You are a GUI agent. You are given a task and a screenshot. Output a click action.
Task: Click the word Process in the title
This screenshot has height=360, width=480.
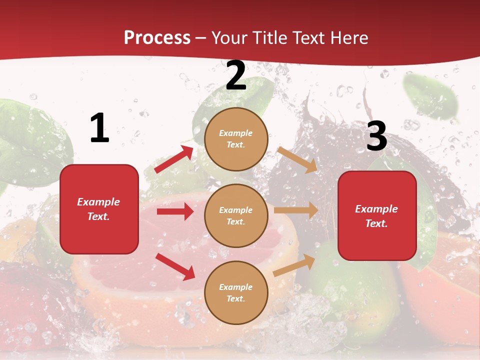pyautogui.click(x=157, y=38)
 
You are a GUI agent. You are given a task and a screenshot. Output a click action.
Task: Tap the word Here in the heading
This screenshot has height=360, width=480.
pyautogui.click(x=348, y=38)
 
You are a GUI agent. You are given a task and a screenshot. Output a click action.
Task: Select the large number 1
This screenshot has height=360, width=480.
pyautogui.click(x=99, y=128)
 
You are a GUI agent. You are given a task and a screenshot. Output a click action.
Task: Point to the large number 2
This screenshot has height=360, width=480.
pyautogui.click(x=236, y=76)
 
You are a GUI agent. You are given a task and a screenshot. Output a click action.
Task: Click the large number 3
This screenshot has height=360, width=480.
pyautogui.click(x=376, y=136)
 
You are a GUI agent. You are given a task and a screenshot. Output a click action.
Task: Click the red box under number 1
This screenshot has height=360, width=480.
pyautogui.click(x=99, y=209)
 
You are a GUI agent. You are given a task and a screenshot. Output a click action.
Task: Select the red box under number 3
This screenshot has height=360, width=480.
pyautogui.click(x=377, y=216)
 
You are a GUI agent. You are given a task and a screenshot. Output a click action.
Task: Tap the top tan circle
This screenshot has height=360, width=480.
pyautogui.click(x=236, y=139)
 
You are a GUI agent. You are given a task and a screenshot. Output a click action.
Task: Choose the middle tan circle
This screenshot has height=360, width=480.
pyautogui.click(x=236, y=215)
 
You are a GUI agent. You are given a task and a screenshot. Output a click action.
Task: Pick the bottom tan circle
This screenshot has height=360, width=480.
pyautogui.click(x=236, y=292)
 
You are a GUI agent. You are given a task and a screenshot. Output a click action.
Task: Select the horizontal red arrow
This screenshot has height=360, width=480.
pyautogui.click(x=175, y=211)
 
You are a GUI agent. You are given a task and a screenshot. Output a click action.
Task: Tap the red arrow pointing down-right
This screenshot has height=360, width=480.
pyautogui.click(x=175, y=266)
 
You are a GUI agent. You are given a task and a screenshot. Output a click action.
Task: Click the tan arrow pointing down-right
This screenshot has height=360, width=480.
pyautogui.click(x=297, y=159)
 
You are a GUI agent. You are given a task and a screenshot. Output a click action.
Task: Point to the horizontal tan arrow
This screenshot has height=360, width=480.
pyautogui.click(x=295, y=210)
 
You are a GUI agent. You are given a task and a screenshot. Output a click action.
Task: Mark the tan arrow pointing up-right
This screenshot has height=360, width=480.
pyautogui.click(x=294, y=265)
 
